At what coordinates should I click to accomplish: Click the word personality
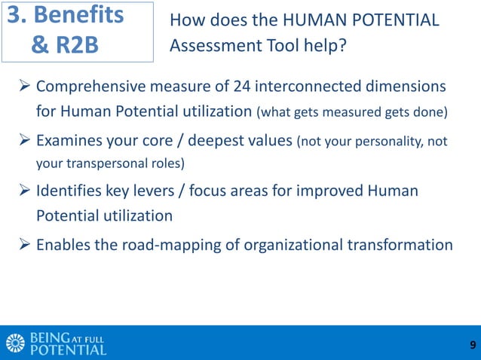[388, 140]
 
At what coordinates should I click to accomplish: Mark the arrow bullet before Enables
[23, 245]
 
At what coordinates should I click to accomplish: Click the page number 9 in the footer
[472, 346]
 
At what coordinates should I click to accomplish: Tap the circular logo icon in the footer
[15, 343]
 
